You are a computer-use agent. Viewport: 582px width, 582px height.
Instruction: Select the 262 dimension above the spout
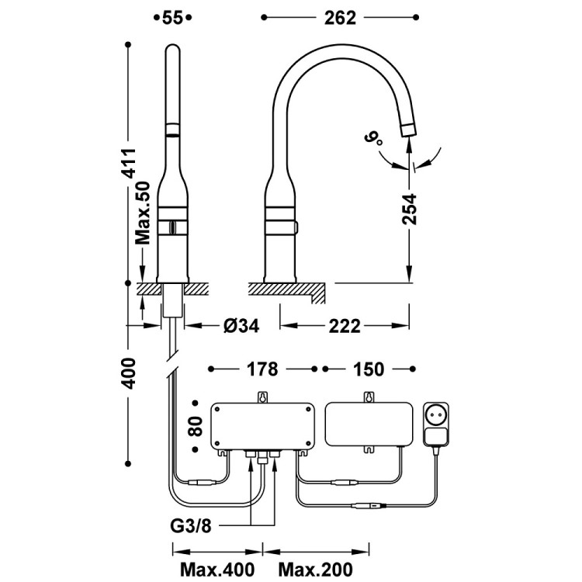pos(340,18)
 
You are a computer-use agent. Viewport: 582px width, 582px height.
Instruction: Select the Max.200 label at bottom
pos(314,570)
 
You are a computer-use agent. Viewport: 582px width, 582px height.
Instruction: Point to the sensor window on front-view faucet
pos(172,227)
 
